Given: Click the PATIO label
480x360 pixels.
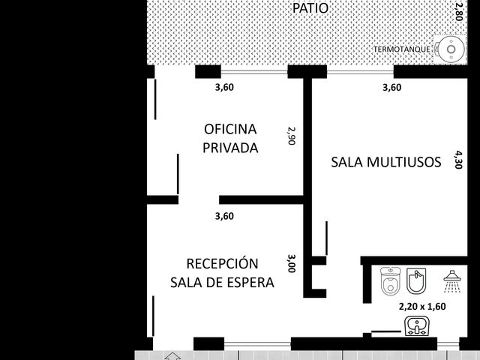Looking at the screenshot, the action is [x=310, y=8].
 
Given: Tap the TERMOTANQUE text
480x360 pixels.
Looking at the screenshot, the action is [x=402, y=49].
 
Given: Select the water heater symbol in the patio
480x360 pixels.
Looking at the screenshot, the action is [x=450, y=49].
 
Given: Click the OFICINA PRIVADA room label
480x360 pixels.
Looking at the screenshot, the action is [x=230, y=138].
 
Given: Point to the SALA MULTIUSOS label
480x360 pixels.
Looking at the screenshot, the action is [x=386, y=162].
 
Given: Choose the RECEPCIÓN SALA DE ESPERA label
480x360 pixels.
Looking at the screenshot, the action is [x=222, y=273].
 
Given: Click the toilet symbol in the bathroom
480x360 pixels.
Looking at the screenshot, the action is [x=390, y=281].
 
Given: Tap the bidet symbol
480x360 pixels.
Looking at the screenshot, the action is [x=416, y=280].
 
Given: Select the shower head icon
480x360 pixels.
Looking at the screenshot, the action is [x=452, y=281].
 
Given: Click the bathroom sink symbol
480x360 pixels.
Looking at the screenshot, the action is [x=417, y=326].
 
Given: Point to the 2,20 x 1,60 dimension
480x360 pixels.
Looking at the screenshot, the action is [x=422, y=307].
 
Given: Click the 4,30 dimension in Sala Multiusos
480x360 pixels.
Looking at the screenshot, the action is [x=458, y=160].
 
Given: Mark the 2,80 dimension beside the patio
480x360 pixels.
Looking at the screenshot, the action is [x=458, y=12].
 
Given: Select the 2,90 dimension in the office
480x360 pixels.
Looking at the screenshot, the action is [x=291, y=136].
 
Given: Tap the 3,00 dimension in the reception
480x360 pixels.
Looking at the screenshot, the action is [x=292, y=263].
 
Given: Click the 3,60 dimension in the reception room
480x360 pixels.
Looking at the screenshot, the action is [x=224, y=217].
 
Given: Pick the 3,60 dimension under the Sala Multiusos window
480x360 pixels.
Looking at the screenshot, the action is [x=391, y=88].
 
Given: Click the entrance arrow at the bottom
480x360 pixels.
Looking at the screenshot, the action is [x=173, y=356].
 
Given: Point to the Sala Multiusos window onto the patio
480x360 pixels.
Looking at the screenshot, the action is [x=360, y=73].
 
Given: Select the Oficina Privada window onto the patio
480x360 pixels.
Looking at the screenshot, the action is [x=254, y=73].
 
